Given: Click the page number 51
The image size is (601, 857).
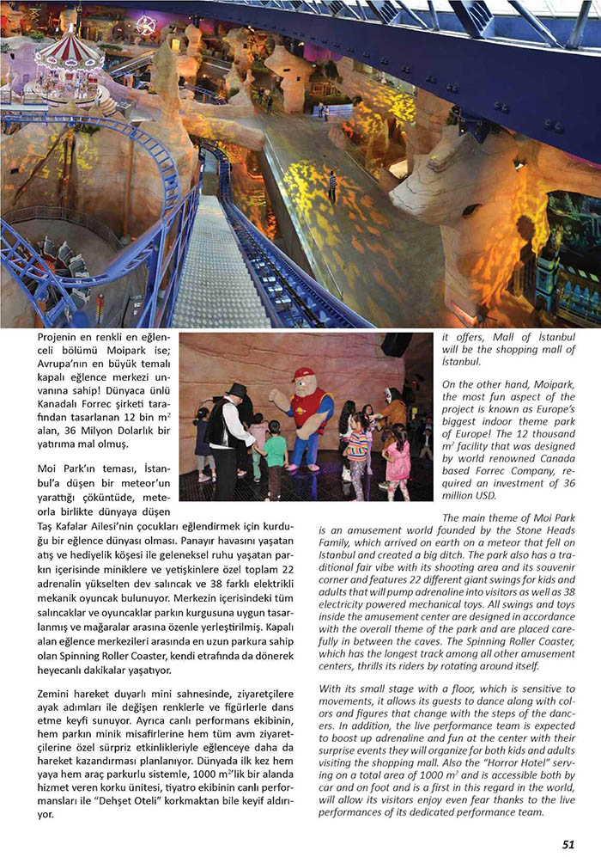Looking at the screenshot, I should (568, 843).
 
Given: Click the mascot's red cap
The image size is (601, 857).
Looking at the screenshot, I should (304, 375).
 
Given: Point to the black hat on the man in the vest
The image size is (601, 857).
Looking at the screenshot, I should (237, 390).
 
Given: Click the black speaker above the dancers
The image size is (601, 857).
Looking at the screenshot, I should (397, 346).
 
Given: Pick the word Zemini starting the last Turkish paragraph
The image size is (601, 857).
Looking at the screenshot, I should (58, 693).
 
